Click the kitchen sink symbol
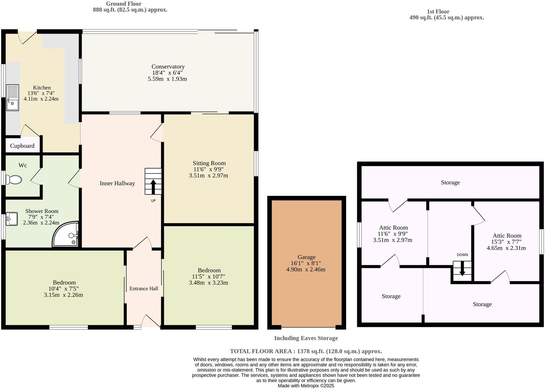[x=13, y=97]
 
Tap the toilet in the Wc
[x=14, y=180]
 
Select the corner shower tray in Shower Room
[x=66, y=235]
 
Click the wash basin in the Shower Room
[x=11, y=219]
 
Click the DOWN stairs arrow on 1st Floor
[x=462, y=271]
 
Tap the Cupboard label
[x=22, y=146]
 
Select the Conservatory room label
[x=168, y=67]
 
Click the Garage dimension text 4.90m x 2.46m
[x=306, y=270]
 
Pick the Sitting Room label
[x=209, y=163]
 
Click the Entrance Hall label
[x=144, y=289]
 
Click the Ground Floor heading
[x=124, y=4]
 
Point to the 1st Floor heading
[x=438, y=12]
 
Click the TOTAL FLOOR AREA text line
[x=306, y=351]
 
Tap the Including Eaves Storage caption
[x=306, y=338]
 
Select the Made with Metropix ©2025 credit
[x=306, y=386]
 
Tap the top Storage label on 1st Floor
[x=450, y=182]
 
